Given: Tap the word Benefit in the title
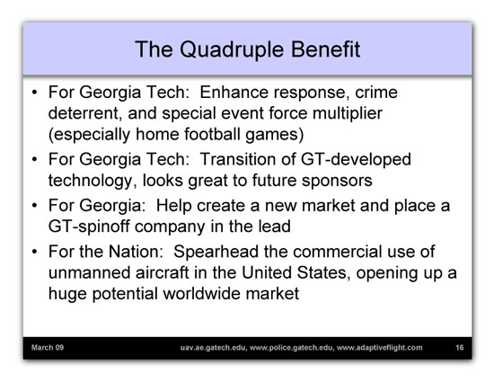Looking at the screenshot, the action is tap(325, 49).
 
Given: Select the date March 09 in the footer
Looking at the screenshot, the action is tap(48, 348).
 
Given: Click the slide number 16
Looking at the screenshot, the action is tap(459, 348).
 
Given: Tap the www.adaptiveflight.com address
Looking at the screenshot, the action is tap(380, 348).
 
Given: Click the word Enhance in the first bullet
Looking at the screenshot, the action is tap(234, 93).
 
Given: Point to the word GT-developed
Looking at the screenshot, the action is tap(356, 159).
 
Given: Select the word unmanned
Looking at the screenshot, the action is tap(89, 272).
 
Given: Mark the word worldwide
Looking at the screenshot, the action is tap(201, 293).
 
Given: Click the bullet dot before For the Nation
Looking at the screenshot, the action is tap(34, 252).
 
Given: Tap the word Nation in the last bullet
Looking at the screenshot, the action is tap(136, 252).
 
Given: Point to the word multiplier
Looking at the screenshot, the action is tap(348, 114).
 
